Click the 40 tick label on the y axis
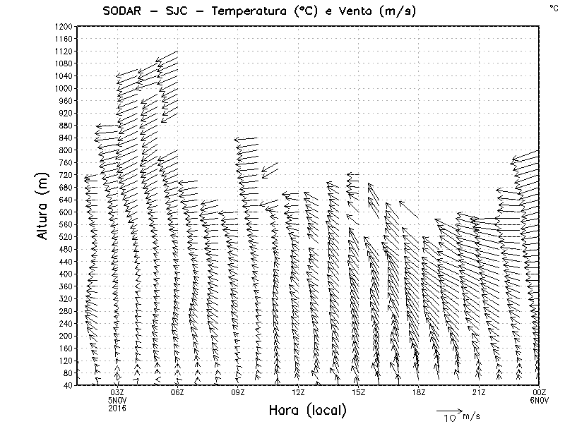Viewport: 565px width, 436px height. [x=69, y=385]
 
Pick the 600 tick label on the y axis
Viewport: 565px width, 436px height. [x=66, y=212]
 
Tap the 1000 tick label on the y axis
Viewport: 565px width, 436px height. [x=64, y=88]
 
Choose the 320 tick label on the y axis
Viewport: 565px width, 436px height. [x=66, y=298]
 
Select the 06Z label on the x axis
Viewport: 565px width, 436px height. [x=177, y=392]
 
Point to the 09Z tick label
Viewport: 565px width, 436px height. [x=237, y=392]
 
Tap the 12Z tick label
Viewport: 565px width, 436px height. [x=298, y=392]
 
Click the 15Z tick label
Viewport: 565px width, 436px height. [x=358, y=392]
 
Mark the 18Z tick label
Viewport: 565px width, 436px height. [x=419, y=392]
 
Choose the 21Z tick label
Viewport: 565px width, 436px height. [x=479, y=392]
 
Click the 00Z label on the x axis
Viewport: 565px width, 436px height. [x=540, y=392]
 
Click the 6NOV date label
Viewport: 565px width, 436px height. [x=540, y=400]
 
